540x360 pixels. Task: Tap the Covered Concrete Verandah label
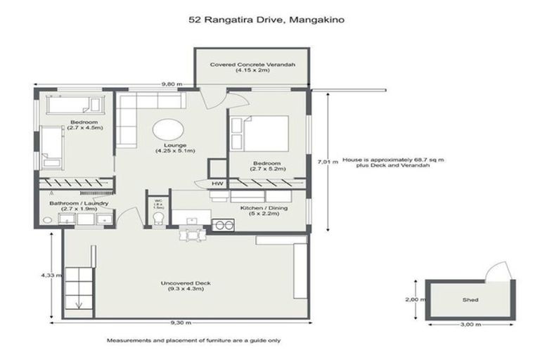point(252,68)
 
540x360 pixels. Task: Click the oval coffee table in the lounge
point(169,130)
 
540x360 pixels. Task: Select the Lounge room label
point(175,148)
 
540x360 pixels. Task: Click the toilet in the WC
point(159,220)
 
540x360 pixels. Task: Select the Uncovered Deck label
point(186,286)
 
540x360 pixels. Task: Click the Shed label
point(470,300)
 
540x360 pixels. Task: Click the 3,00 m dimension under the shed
point(470,324)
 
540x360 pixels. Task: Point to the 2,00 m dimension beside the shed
point(417,300)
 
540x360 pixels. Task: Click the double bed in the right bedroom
point(261,134)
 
